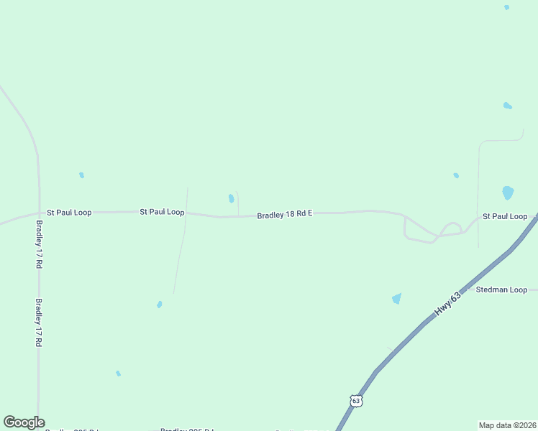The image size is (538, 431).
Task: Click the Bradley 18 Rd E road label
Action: point(284,214)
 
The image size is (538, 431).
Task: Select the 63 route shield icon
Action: point(356,401)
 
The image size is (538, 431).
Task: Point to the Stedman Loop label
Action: point(501,290)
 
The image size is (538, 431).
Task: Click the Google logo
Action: point(24,422)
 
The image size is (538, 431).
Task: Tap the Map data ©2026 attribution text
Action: point(507,425)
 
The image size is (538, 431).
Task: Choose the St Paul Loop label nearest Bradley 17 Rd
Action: point(69,213)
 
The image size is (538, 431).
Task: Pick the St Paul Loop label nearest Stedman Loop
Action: point(505,216)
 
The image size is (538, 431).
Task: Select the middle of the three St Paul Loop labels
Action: point(162,212)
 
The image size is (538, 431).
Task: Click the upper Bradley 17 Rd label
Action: point(39,244)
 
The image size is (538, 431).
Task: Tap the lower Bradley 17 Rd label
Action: point(39,323)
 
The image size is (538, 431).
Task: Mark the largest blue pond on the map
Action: point(508,193)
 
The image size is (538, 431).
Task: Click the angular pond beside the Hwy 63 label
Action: point(396,298)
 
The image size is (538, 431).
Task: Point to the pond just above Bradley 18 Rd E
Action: point(231,198)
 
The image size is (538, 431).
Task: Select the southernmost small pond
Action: point(118,374)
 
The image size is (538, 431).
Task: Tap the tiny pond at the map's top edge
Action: point(506,7)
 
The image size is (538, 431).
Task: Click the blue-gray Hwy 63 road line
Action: point(403,343)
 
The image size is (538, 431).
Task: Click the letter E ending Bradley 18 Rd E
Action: point(309,214)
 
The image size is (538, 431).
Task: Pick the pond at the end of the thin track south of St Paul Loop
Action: point(160,305)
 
